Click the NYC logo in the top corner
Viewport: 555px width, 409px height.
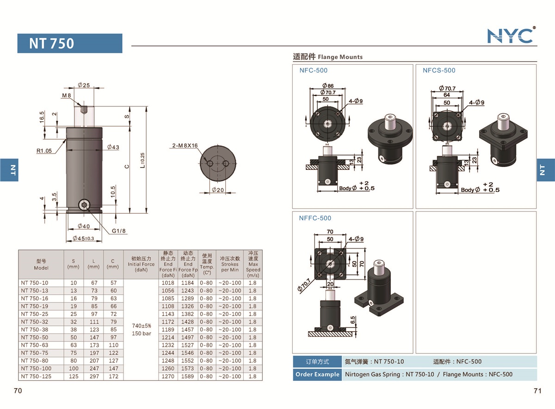tap(511, 36)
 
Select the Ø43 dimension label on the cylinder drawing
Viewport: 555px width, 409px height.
tap(113, 147)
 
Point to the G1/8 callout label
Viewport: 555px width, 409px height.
tap(119, 230)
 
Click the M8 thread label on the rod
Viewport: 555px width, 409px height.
tap(67, 96)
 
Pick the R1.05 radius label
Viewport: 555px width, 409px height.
tap(46, 150)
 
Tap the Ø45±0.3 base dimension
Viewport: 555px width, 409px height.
tap(84, 238)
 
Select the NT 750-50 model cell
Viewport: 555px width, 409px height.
tap(35, 337)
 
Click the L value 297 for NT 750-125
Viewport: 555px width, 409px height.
tap(93, 376)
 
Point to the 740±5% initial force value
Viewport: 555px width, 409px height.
tap(141, 326)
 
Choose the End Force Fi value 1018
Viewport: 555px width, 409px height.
tap(168, 283)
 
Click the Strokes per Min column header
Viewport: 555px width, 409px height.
tap(229, 264)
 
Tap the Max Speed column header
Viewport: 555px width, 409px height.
tap(253, 264)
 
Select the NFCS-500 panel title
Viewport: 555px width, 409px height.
tap(439, 70)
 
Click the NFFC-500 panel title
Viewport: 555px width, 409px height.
tap(315, 218)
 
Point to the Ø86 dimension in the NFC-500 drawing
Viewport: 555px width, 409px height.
tap(328, 86)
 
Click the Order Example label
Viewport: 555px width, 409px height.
tap(317, 374)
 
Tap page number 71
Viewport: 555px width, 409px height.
tap(537, 391)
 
